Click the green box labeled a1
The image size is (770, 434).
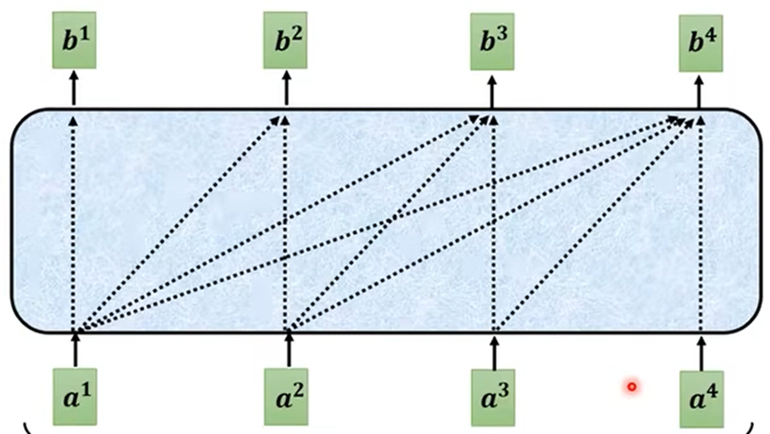pos(74,393)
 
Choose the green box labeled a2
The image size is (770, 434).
pos(286,393)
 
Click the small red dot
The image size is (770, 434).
pos(631,386)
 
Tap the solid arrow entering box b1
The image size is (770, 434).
pos(74,89)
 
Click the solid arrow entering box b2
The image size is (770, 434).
pos(285,89)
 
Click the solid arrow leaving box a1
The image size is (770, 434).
pos(75,350)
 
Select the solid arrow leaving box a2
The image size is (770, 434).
pos(287,350)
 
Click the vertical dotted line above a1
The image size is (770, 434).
pos(74,222)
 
